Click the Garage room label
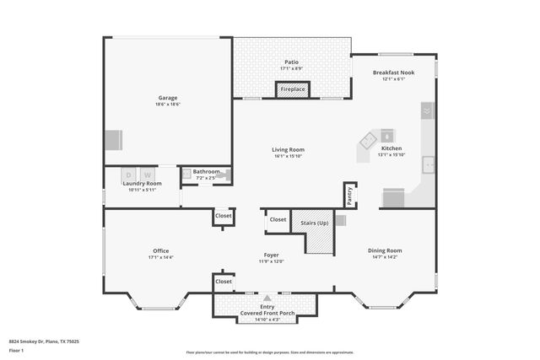click(x=169, y=97)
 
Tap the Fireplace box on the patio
click(x=293, y=89)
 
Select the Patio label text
click(x=291, y=62)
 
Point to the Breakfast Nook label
click(x=394, y=73)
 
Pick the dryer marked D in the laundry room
click(x=129, y=175)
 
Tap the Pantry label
click(x=349, y=195)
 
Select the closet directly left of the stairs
click(x=277, y=220)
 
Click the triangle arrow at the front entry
click(x=267, y=298)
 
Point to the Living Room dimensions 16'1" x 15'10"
click(x=289, y=156)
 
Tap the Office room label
click(x=160, y=250)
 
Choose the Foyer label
click(x=271, y=255)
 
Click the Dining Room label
click(x=385, y=250)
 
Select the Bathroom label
click(x=206, y=171)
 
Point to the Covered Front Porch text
click(x=267, y=314)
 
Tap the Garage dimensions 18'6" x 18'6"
click(x=169, y=105)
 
